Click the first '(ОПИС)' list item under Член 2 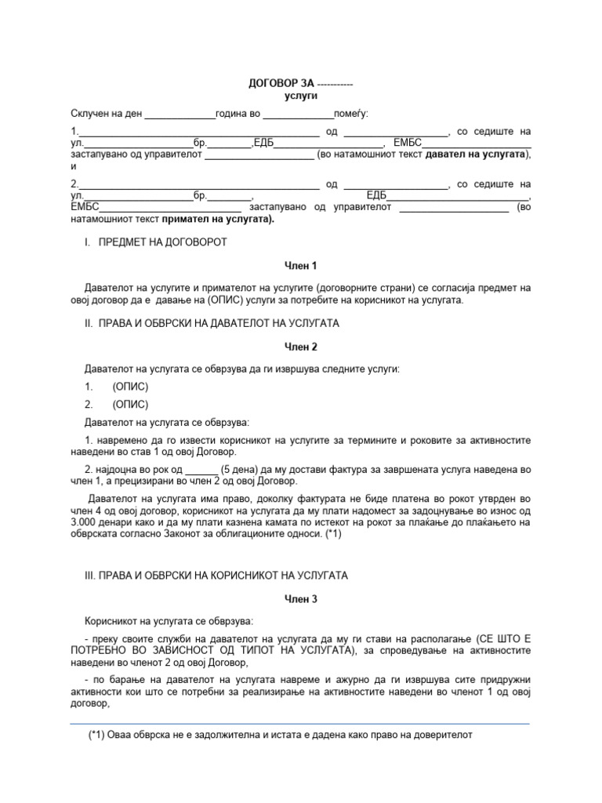pos(130,387)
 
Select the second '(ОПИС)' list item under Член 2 pos(130,405)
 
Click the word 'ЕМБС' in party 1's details pos(408,143)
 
